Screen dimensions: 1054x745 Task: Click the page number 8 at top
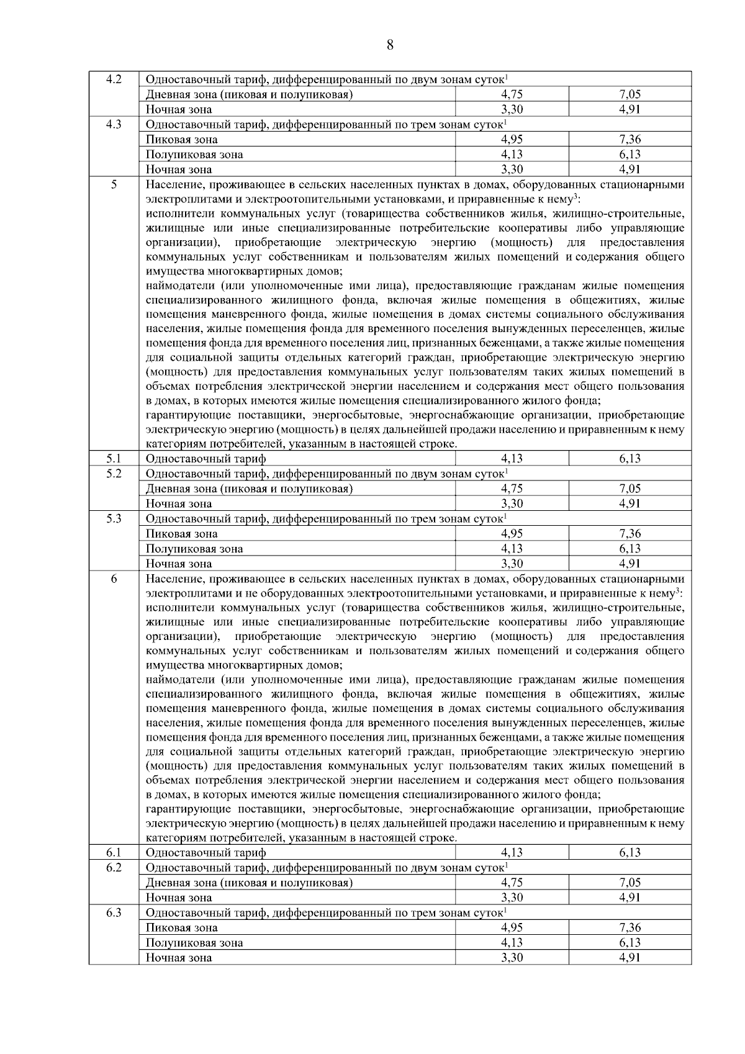pos(390,45)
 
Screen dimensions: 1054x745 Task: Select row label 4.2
pos(114,79)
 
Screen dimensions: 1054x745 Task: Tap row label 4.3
pos(114,124)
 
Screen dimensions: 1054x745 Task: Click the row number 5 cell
pos(114,184)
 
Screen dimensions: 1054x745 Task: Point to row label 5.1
pos(114,459)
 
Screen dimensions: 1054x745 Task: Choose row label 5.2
pos(114,474)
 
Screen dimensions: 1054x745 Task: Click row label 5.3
pos(114,518)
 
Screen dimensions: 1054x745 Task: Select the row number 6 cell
pos(114,579)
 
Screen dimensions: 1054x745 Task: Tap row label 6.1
pos(114,852)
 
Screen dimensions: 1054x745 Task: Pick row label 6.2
pos(114,867)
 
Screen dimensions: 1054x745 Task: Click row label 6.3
pos(114,912)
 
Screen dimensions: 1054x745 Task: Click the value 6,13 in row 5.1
pos(630,459)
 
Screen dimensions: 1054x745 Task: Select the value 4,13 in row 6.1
pos(512,852)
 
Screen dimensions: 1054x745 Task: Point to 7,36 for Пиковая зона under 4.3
pos(630,140)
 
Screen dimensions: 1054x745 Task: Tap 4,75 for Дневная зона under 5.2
pos(512,489)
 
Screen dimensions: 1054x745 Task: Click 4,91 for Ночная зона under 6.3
pos(630,957)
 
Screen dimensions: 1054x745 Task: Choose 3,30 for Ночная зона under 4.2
pos(512,110)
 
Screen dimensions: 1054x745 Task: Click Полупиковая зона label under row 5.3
pos(194,549)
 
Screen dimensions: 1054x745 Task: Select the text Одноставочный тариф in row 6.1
pos(205,853)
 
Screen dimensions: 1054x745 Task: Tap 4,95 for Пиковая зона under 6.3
pos(512,927)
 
